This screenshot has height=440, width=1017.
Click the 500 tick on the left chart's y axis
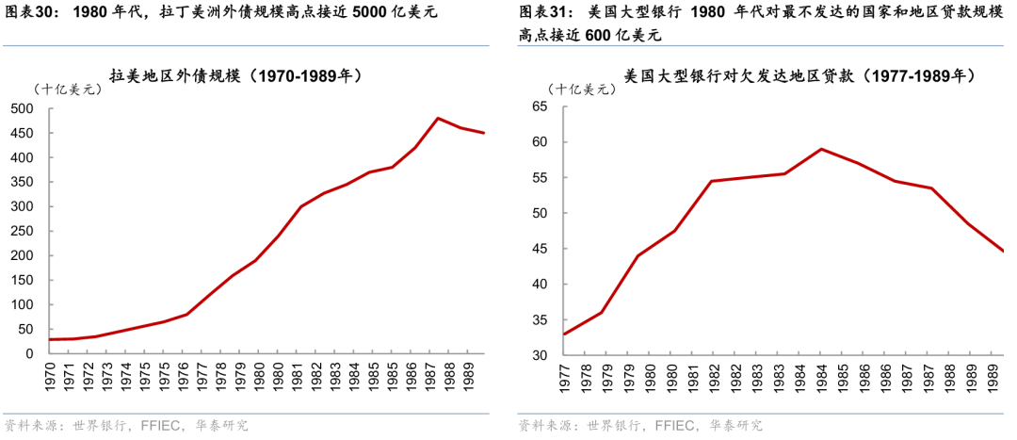(22, 108)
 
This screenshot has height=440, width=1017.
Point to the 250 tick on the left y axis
(22, 231)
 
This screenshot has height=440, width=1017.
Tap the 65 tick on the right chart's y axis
(540, 106)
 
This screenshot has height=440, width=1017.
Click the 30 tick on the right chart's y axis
(540, 355)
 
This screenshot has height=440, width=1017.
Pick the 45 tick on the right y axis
(540, 249)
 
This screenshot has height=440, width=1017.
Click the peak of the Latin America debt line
(438, 118)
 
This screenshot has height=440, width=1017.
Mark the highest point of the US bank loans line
(821, 149)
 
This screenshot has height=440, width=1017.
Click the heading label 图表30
(31, 13)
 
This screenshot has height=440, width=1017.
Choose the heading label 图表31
(544, 13)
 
